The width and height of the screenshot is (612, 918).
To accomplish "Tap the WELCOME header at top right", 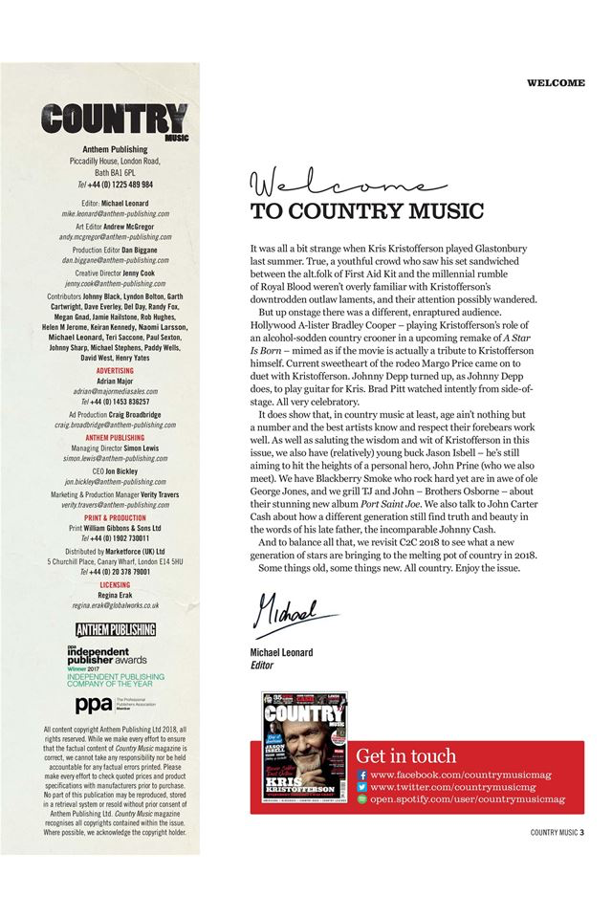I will pyautogui.click(x=555, y=83).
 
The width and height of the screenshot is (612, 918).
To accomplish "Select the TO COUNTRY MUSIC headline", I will pyautogui.click(x=367, y=211).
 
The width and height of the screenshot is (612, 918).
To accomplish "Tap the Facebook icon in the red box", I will pyautogui.click(x=361, y=775).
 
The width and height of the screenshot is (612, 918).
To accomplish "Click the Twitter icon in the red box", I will pyautogui.click(x=361, y=787).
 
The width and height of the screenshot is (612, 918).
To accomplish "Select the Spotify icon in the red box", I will pyautogui.click(x=361, y=798).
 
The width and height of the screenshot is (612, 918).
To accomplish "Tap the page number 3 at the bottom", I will pyautogui.click(x=581, y=832).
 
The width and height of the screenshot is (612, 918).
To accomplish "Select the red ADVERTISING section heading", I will pyautogui.click(x=116, y=370).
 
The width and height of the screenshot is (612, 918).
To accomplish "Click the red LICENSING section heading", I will pyautogui.click(x=116, y=584).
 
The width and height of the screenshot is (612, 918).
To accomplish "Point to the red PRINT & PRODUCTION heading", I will pyautogui.click(x=116, y=517).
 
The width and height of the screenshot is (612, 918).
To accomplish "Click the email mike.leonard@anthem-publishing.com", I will pyautogui.click(x=116, y=214).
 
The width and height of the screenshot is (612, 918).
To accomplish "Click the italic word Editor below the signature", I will pyautogui.click(x=262, y=665).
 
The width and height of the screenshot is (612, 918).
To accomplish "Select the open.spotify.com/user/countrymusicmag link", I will pyautogui.click(x=468, y=798).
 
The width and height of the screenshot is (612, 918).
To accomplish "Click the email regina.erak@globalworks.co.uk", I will pyautogui.click(x=116, y=606).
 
